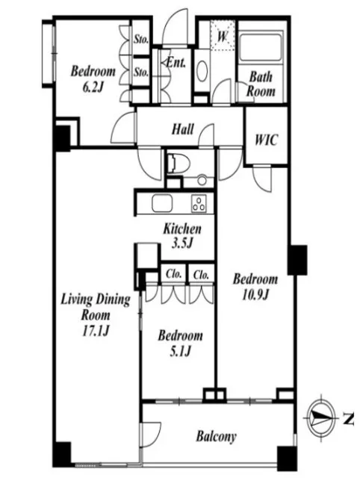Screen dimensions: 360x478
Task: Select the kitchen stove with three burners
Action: click(199, 203)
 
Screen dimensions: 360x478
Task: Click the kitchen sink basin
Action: click(162, 203)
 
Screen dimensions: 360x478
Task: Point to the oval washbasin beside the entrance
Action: click(202, 71)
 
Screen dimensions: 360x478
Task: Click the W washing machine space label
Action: click(223, 37)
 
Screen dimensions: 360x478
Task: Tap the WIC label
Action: click(267, 140)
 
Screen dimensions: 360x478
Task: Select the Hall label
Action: click(182, 129)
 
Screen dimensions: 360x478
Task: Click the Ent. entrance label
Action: click(176, 63)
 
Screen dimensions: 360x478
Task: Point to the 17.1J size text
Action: click(96, 331)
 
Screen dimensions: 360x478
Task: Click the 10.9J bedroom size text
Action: click(255, 295)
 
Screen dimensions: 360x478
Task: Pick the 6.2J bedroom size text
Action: click(93, 87)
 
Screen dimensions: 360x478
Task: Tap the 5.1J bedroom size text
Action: click(180, 352)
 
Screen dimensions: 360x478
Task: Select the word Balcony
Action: click(216, 436)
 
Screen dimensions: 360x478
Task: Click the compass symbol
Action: click(321, 418)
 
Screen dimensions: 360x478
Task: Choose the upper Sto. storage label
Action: click(141, 39)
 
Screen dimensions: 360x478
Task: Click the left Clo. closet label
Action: click(174, 274)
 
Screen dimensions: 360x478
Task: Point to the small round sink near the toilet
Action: click(202, 180)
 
